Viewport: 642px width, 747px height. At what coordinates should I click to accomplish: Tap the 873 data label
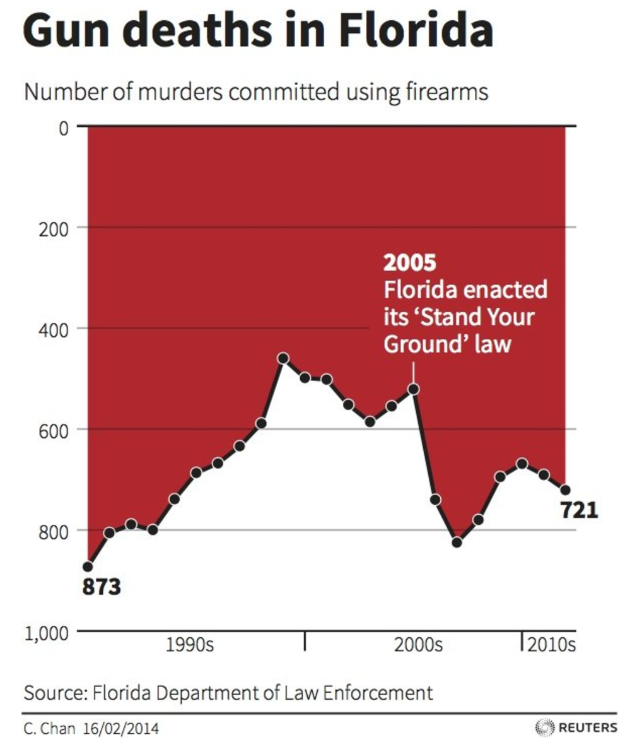[x=101, y=587]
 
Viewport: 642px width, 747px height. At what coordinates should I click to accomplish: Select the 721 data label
[x=579, y=509]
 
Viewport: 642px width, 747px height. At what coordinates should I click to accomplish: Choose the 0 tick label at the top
[x=63, y=128]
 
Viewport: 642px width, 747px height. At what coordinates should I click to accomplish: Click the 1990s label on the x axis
[x=190, y=645]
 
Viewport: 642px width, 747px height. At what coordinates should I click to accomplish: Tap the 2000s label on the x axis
[x=418, y=645]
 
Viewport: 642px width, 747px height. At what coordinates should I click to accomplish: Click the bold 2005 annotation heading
[x=410, y=262]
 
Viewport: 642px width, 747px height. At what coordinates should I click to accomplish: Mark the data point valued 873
[x=88, y=567]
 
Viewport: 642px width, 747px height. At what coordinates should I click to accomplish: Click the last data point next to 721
[x=565, y=490]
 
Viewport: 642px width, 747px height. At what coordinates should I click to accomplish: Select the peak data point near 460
[x=283, y=358]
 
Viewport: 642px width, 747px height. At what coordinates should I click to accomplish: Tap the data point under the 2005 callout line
[x=413, y=389]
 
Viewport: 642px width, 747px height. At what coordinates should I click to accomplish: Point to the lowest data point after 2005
[x=457, y=542]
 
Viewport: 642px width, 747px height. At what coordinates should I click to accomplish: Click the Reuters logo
[x=576, y=727]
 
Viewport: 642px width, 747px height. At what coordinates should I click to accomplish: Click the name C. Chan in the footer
[x=49, y=729]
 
